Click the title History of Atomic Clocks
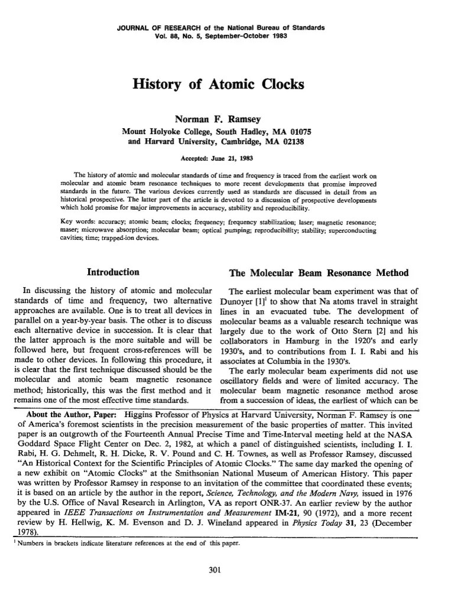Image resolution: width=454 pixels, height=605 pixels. click(x=219, y=84)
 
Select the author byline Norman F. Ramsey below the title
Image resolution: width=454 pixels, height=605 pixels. click(x=219, y=119)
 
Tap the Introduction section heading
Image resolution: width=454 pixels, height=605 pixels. click(x=113, y=272)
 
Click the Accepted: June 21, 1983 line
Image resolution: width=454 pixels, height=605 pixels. click(x=219, y=158)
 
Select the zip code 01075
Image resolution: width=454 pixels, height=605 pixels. click(x=302, y=131)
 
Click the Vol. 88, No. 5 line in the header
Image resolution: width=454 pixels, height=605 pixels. click(x=219, y=34)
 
